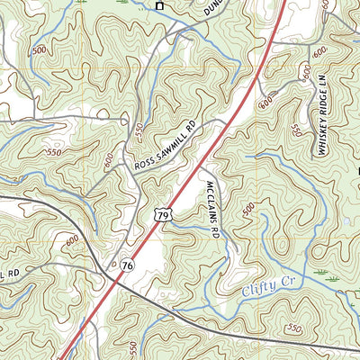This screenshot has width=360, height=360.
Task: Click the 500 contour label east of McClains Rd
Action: coord(248,209)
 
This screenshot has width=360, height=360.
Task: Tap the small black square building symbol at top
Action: coord(161,5)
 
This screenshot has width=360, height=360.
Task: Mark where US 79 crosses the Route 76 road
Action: coord(116,282)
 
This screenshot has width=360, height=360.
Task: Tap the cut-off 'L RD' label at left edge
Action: coord(10,274)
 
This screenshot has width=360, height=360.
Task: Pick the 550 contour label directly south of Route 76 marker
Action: coord(133,346)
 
